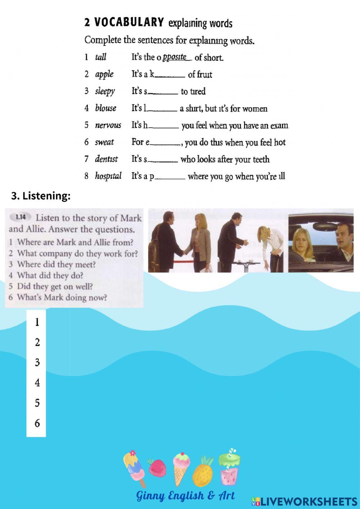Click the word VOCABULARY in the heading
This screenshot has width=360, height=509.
click(x=129, y=23)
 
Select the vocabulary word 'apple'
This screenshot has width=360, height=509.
click(x=104, y=74)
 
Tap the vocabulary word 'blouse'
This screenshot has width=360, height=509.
click(x=105, y=108)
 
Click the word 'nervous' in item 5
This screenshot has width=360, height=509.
click(x=108, y=125)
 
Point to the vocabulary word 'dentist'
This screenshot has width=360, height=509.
click(x=106, y=159)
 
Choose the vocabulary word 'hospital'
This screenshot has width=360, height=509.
click(x=108, y=176)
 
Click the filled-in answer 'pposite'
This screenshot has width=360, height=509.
click(x=175, y=57)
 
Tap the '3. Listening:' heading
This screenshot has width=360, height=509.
click(x=41, y=196)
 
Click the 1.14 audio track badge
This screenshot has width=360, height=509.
click(x=21, y=217)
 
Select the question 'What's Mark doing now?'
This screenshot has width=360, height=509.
click(x=62, y=298)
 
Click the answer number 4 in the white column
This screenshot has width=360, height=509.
click(x=37, y=383)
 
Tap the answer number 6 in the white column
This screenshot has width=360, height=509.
click(x=37, y=423)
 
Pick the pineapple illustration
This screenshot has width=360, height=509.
click(x=204, y=470)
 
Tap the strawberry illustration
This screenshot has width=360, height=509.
click(x=157, y=467)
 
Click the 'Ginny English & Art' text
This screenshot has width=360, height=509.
click(x=185, y=496)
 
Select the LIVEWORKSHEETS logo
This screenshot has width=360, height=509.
click(x=304, y=501)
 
